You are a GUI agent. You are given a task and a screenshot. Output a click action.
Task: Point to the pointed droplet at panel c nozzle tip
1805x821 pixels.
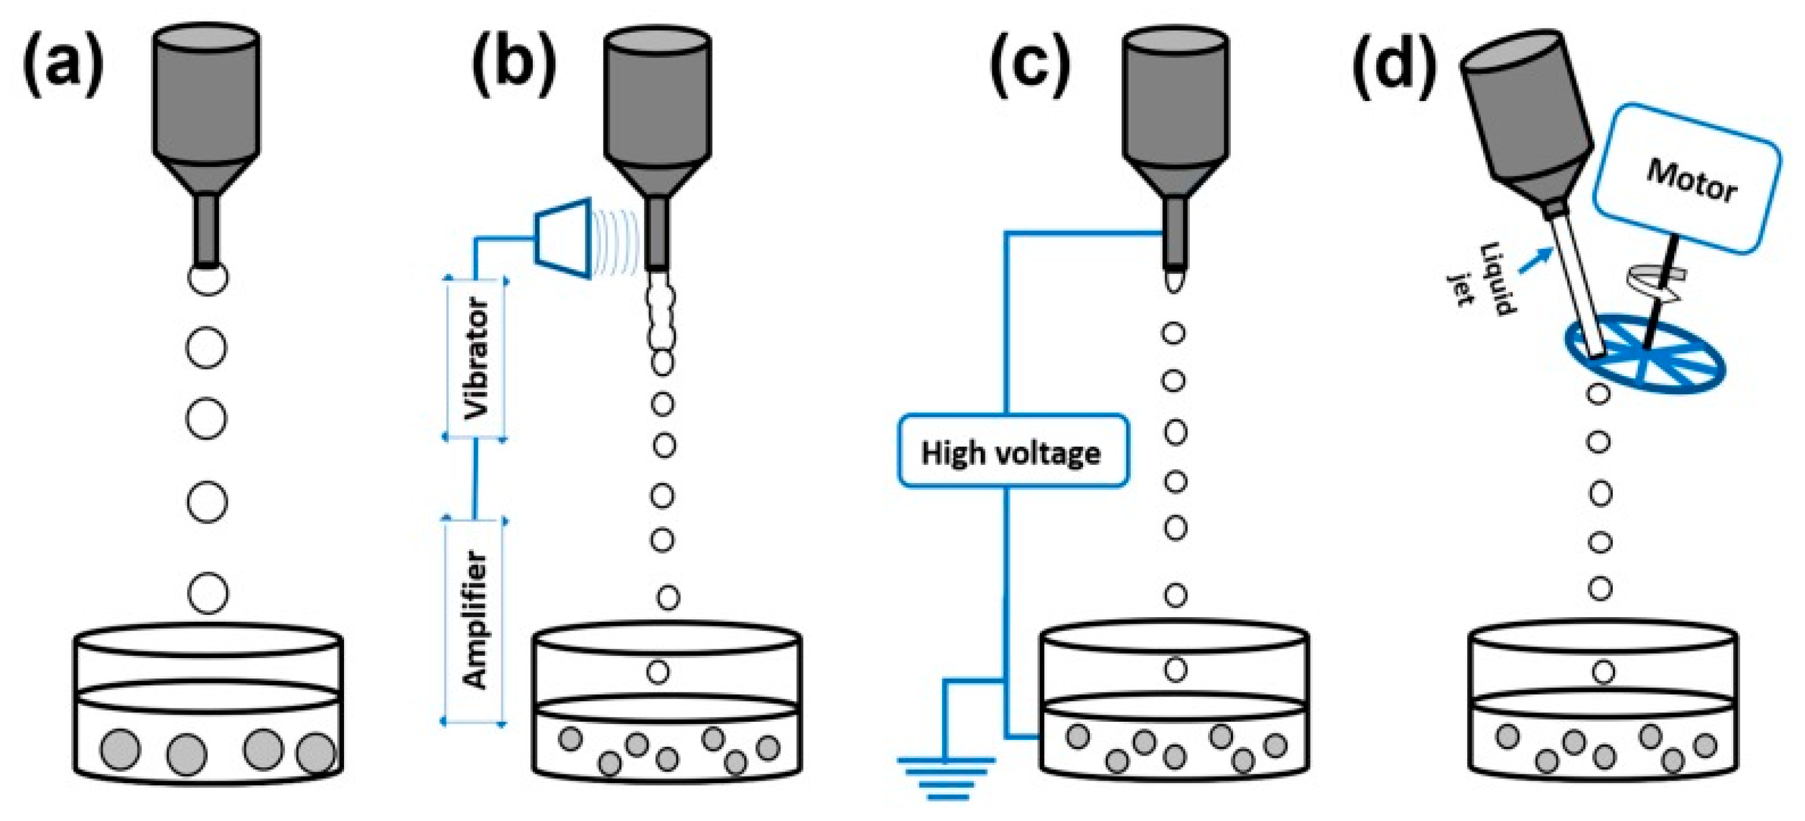pyautogui.click(x=1174, y=282)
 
